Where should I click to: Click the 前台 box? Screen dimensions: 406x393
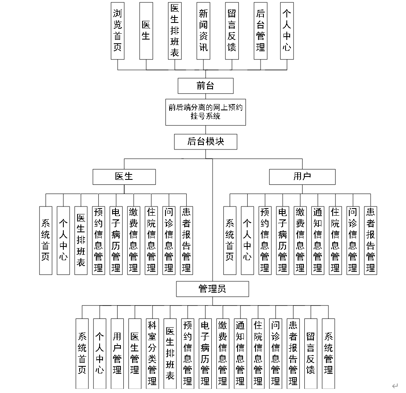point(206,86)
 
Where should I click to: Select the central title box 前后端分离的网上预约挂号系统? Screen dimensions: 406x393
point(206,112)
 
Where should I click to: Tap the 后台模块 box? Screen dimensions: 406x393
point(206,142)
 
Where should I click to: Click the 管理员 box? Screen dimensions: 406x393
point(212,289)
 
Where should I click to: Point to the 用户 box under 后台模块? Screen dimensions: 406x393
point(302,177)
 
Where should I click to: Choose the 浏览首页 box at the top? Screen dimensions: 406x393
point(118,31)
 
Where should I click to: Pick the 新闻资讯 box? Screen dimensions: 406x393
point(203,31)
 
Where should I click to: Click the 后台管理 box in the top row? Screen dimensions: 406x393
point(261,31)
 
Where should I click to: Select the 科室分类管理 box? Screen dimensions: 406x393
point(152,353)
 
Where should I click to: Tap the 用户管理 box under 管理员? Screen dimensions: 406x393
point(117,353)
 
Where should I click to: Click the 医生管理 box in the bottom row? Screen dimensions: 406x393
point(135,353)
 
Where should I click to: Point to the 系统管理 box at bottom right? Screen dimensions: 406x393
point(328,353)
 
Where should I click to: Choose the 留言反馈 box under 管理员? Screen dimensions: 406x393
point(311,353)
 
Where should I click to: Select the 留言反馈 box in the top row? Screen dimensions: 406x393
point(232,31)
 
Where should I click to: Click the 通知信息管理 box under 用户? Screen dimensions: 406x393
point(318,241)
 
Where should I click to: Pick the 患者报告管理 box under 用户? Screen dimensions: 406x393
point(371,241)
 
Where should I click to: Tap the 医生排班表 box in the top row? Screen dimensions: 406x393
point(175,31)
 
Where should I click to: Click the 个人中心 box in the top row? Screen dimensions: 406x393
point(287,31)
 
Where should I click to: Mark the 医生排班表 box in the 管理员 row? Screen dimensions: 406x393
point(170,353)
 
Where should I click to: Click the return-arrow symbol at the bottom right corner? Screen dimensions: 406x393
point(395,386)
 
